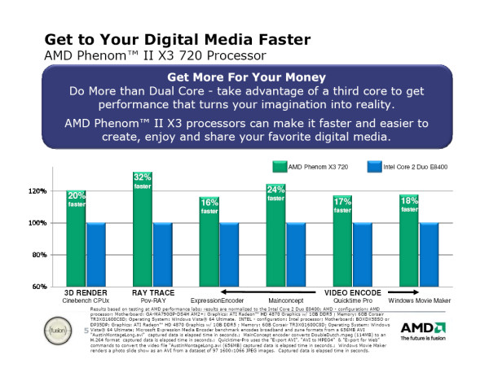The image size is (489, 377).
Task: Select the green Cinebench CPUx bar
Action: [x=76, y=240]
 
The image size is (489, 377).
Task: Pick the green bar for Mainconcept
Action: [x=275, y=240]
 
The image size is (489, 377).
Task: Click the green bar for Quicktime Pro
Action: [x=342, y=244]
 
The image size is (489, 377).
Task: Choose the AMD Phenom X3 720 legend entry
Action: [x=313, y=166]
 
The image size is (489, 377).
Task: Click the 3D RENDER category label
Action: [x=86, y=292]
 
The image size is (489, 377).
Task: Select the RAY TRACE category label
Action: [x=152, y=292]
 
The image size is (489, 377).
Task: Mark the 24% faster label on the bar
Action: [x=275, y=195]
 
